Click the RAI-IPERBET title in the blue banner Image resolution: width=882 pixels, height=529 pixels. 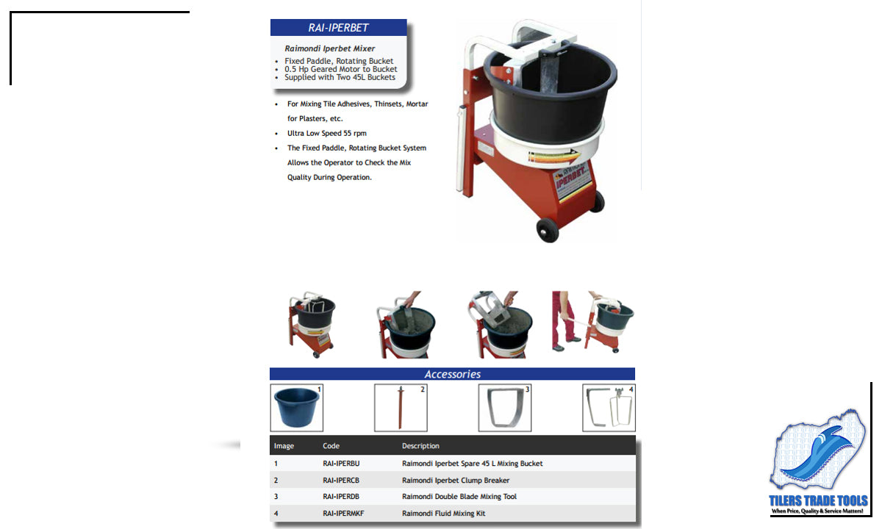click(338, 28)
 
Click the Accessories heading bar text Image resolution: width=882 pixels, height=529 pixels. click(453, 374)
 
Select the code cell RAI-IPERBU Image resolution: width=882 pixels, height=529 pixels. click(341, 464)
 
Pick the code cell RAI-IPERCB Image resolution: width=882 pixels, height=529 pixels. click(341, 481)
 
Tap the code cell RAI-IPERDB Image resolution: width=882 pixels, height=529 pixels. click(341, 497)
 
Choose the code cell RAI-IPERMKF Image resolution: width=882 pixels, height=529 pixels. click(343, 514)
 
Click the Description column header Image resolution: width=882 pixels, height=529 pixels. click(420, 446)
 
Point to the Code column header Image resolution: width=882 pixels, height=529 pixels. click(331, 446)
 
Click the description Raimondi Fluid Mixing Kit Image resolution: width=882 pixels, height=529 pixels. click(443, 514)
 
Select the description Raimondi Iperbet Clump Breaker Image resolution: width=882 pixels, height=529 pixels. click(456, 481)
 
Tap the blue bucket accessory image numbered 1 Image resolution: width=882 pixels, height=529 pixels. click(296, 408)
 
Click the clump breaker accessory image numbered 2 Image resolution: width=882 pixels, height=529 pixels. click(401, 408)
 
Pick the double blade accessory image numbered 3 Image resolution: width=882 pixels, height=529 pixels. click(505, 408)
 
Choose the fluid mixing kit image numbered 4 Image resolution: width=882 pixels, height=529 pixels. click(609, 408)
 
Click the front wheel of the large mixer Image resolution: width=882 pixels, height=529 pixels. click(548, 231)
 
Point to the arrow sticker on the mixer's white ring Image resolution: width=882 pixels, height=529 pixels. click(554, 157)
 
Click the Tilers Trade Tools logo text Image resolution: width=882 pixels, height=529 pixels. click(818, 500)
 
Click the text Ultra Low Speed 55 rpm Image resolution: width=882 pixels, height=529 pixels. click(327, 134)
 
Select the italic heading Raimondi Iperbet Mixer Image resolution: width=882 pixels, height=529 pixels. click(329, 48)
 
